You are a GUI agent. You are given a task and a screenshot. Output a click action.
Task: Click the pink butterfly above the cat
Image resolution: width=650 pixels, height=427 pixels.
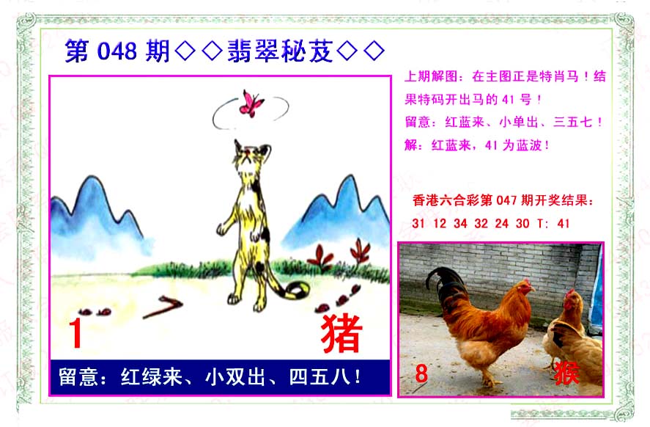[251, 103]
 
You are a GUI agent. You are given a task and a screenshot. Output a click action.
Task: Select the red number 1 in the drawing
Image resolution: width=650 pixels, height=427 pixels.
[75, 333]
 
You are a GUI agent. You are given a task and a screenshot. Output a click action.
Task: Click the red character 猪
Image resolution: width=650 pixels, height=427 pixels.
[341, 333]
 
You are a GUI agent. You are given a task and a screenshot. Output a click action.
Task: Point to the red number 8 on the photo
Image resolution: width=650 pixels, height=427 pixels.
[421, 373]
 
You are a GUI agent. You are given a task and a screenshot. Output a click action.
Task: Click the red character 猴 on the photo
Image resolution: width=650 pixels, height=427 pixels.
[566, 373]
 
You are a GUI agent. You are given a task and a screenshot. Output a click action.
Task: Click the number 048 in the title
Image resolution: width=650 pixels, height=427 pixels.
[117, 51]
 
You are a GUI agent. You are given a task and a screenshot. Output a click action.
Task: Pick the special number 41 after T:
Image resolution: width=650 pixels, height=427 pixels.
[564, 224]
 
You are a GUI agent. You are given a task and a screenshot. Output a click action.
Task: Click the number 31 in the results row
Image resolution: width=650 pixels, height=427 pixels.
[418, 224]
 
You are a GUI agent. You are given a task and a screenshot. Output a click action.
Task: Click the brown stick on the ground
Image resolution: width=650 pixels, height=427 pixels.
[163, 307]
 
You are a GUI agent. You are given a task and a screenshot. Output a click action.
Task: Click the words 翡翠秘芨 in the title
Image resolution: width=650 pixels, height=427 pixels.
[280, 51]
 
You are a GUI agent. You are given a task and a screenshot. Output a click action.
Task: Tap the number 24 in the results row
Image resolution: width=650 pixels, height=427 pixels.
[501, 224]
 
